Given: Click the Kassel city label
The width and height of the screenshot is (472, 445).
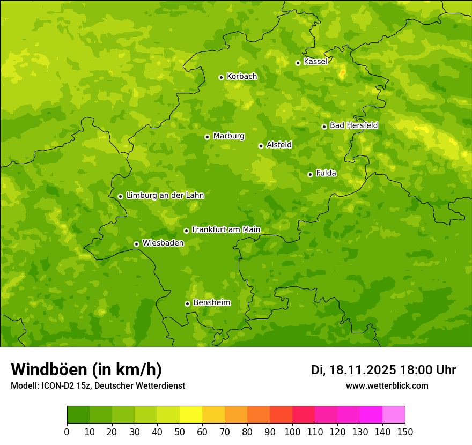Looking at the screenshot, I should [315, 62].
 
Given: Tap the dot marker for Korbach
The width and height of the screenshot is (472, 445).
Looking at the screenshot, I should [221, 77].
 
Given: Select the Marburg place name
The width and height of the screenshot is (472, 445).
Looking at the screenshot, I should [228, 136].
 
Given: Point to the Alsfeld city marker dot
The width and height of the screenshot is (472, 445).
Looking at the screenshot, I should [261, 146].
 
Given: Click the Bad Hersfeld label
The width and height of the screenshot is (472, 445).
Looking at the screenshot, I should [353, 125].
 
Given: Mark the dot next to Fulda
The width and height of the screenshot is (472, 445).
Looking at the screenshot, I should [310, 174].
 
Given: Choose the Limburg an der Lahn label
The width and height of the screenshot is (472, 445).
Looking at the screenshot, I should [165, 196].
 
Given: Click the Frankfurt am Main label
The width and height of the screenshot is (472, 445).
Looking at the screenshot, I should [226, 230].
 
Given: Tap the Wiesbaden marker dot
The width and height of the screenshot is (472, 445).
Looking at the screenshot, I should [136, 244].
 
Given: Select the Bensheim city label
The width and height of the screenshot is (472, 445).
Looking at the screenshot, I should [211, 303].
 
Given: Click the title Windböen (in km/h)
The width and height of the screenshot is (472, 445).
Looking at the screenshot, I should [86, 369].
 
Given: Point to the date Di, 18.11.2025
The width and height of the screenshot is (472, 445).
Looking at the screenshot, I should [353, 370].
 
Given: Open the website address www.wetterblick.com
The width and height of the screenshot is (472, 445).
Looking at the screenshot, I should [387, 385].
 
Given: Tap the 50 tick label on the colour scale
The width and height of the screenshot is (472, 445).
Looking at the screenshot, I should [180, 432].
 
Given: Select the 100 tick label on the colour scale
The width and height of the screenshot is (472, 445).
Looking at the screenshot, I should [292, 432].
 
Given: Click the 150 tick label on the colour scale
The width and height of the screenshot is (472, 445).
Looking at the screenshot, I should [405, 432].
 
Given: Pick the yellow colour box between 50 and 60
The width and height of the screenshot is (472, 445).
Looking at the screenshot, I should [191, 415].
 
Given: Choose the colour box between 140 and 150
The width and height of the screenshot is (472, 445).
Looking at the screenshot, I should [394, 415].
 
